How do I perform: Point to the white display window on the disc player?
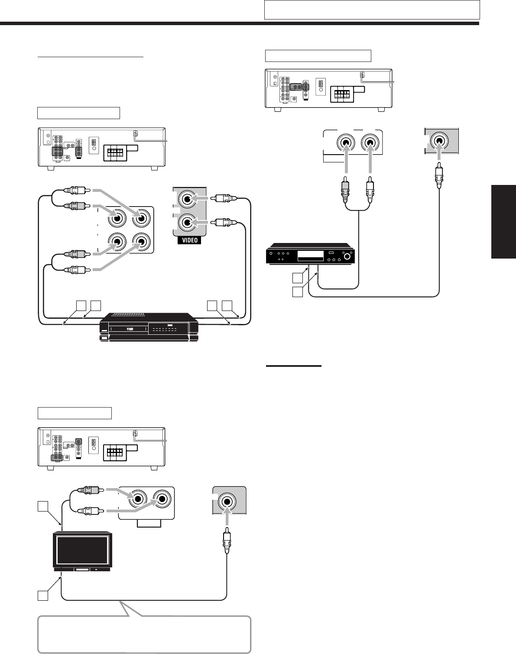click(x=310, y=256)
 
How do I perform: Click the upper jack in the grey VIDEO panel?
click(x=188, y=200)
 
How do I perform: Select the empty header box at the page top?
click(x=372, y=10)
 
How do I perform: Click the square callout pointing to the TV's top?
click(x=42, y=506)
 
